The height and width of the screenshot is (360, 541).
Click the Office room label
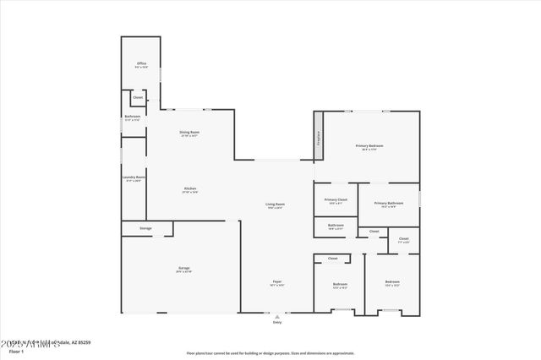click(141, 64)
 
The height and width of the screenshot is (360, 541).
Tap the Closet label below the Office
click(137, 97)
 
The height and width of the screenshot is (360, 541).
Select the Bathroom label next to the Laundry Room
click(133, 117)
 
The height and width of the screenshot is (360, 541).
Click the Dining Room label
click(189, 133)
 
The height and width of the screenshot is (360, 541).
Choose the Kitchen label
click(190, 188)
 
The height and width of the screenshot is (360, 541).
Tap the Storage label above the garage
click(145, 228)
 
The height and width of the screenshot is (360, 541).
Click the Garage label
click(183, 268)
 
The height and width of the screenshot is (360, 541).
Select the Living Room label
click(276, 204)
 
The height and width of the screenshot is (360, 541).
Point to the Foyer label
click(276, 281)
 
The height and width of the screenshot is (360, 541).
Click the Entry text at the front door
click(276, 322)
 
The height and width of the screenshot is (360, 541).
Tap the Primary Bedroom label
click(369, 146)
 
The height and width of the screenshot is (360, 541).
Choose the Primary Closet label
click(336, 199)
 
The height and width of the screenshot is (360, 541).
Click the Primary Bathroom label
click(387, 203)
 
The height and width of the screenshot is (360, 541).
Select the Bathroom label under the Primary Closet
click(336, 225)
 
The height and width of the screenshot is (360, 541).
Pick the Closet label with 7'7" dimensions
click(403, 239)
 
